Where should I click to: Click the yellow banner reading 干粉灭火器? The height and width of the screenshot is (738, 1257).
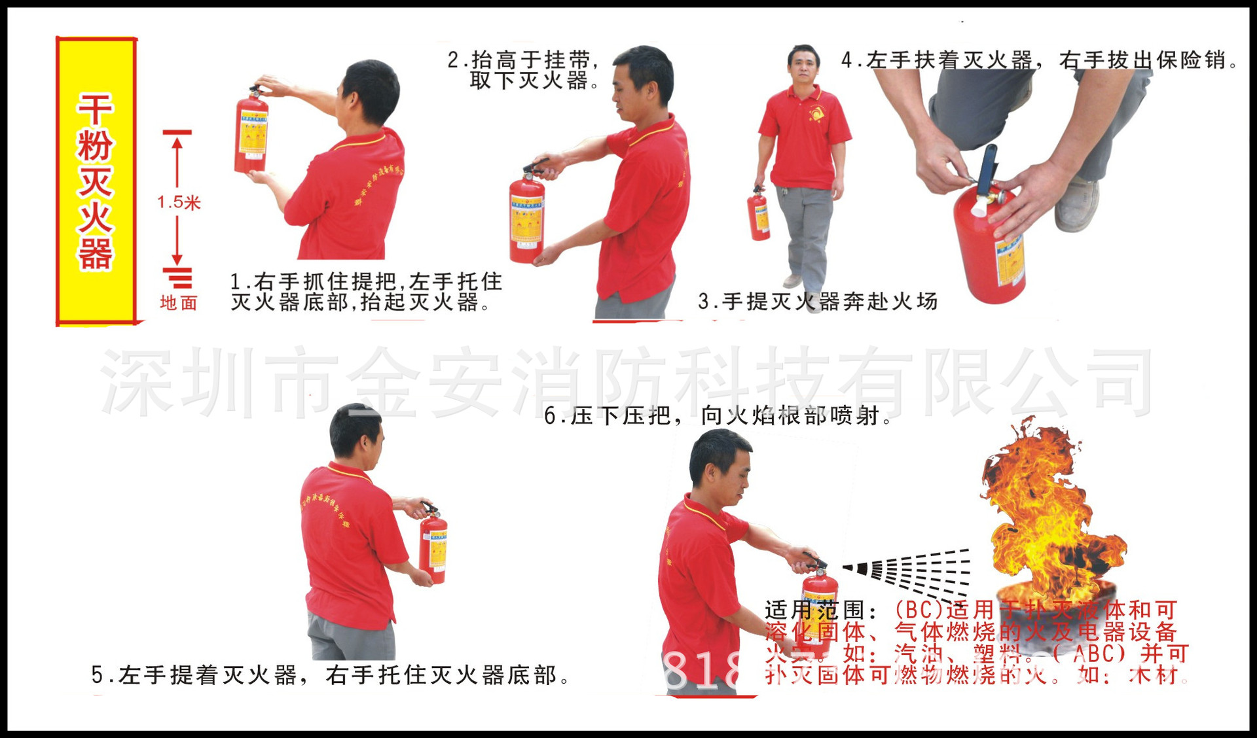tap(96, 181)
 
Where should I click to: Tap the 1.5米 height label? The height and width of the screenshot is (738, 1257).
tap(178, 202)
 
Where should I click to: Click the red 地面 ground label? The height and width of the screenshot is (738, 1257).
tap(178, 303)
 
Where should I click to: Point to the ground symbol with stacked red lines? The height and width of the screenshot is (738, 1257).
tap(178, 278)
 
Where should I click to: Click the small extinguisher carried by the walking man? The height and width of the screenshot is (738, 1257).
tap(759, 216)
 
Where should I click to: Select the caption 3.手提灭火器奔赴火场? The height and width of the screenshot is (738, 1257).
tap(817, 302)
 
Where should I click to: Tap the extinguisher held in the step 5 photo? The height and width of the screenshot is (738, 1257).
tap(433, 548)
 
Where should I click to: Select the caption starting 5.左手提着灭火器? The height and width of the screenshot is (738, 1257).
tap(331, 675)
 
